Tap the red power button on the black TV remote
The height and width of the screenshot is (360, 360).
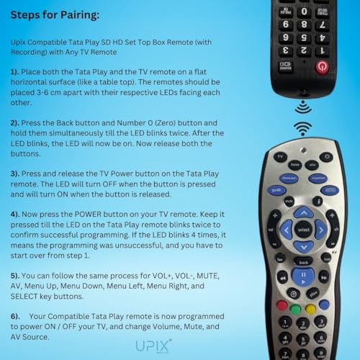[x=322, y=68]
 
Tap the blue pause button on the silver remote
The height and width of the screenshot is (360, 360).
[x=304, y=276]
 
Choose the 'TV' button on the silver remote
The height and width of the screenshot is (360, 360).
[x=280, y=156]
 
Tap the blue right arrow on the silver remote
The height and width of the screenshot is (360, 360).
[x=321, y=230]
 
